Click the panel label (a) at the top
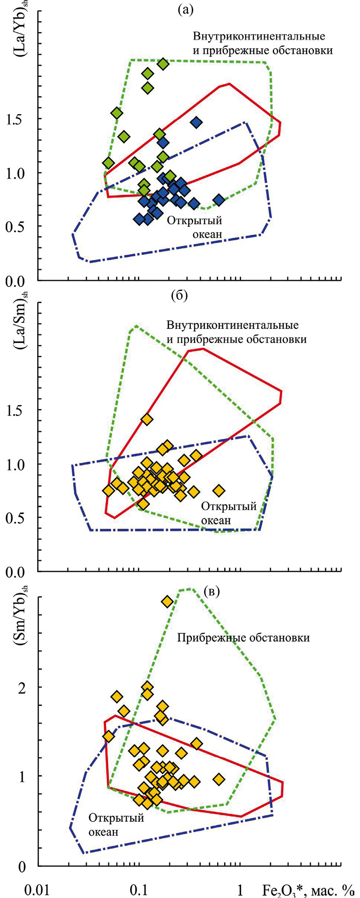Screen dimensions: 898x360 [x=185, y=10]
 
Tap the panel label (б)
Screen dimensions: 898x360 [x=179, y=296]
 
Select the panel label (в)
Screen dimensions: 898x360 [x=212, y=591]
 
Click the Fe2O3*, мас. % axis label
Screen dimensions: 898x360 [x=308, y=890]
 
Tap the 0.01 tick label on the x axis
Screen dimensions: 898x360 [x=36, y=890]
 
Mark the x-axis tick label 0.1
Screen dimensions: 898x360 [x=139, y=890]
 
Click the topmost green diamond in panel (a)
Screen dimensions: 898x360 [x=163, y=64]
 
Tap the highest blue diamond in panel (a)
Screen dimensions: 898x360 [x=196, y=122]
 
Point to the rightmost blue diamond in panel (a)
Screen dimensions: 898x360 [x=219, y=200]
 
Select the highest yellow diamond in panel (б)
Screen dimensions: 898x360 [x=147, y=419]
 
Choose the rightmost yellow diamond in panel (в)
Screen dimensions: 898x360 [x=219, y=779]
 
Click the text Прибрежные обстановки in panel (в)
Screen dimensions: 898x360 [x=243, y=637]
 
